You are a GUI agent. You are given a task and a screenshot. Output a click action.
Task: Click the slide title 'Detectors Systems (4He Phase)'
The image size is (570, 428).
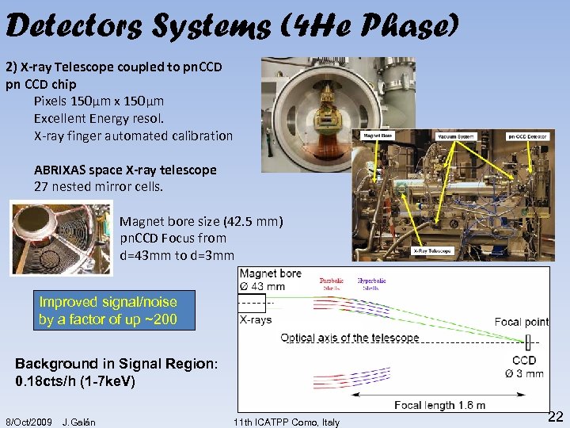[231, 26]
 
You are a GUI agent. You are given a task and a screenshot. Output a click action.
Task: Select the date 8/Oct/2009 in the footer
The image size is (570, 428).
[28, 422]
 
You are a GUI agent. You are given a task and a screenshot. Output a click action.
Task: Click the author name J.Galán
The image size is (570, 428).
[78, 422]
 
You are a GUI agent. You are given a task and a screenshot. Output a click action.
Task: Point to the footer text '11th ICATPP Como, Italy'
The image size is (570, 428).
[287, 422]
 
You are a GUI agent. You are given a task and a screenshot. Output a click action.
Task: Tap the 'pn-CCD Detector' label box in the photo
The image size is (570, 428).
[528, 136]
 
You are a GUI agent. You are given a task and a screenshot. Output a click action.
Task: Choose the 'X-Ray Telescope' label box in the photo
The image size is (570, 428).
[432, 251]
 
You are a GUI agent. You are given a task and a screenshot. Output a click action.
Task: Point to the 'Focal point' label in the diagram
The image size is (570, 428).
[521, 322]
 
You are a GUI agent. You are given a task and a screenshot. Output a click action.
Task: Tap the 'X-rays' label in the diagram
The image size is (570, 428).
[256, 320]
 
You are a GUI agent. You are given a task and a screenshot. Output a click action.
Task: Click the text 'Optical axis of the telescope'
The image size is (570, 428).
[350, 338]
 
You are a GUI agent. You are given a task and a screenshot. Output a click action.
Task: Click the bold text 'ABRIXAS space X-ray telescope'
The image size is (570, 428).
[125, 170]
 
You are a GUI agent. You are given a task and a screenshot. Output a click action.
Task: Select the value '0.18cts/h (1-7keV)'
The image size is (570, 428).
[75, 381]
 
